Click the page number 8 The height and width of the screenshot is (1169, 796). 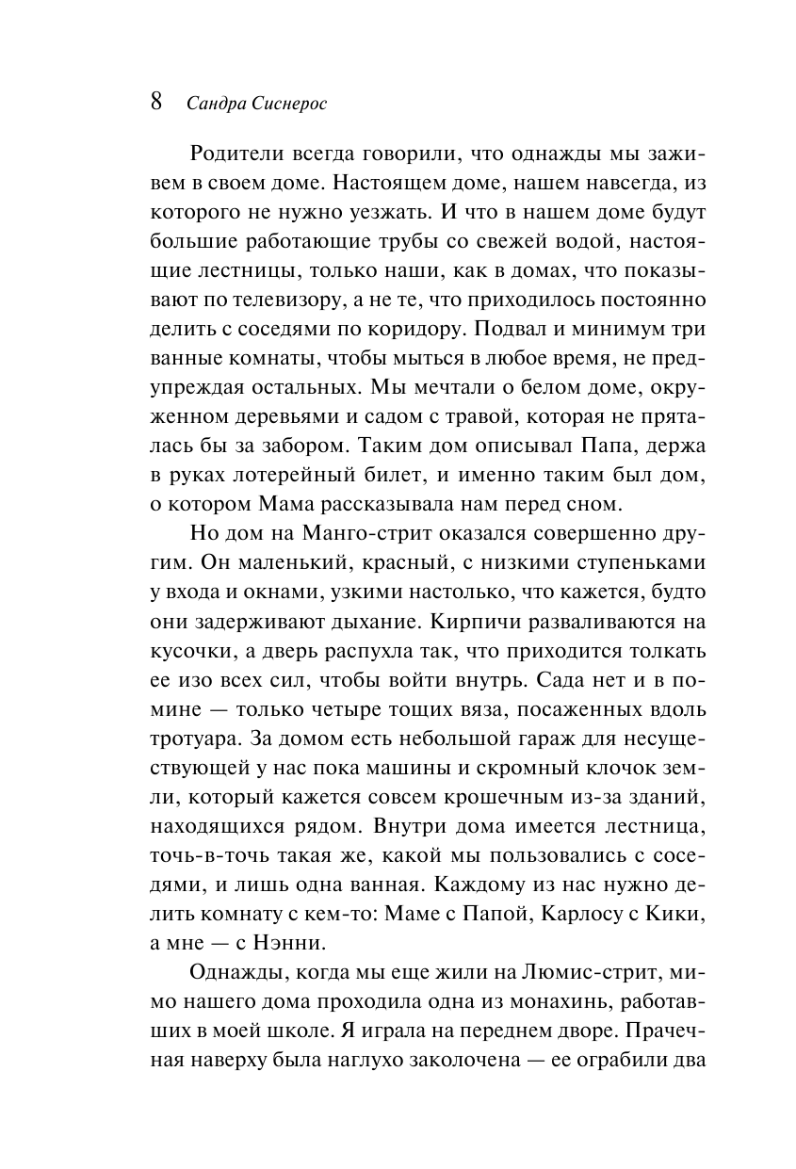[157, 102]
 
